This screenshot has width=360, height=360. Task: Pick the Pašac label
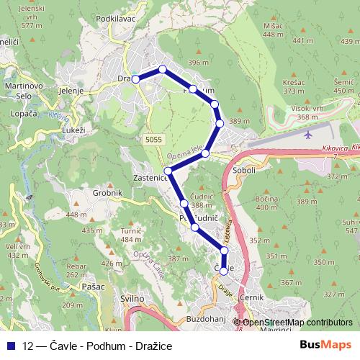(93, 286)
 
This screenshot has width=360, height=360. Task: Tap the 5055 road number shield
(153, 138)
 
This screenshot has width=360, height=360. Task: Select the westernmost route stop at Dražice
(135, 79)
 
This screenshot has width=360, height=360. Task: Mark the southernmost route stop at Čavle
(224, 271)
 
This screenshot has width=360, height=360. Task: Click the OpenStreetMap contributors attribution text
(297, 323)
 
